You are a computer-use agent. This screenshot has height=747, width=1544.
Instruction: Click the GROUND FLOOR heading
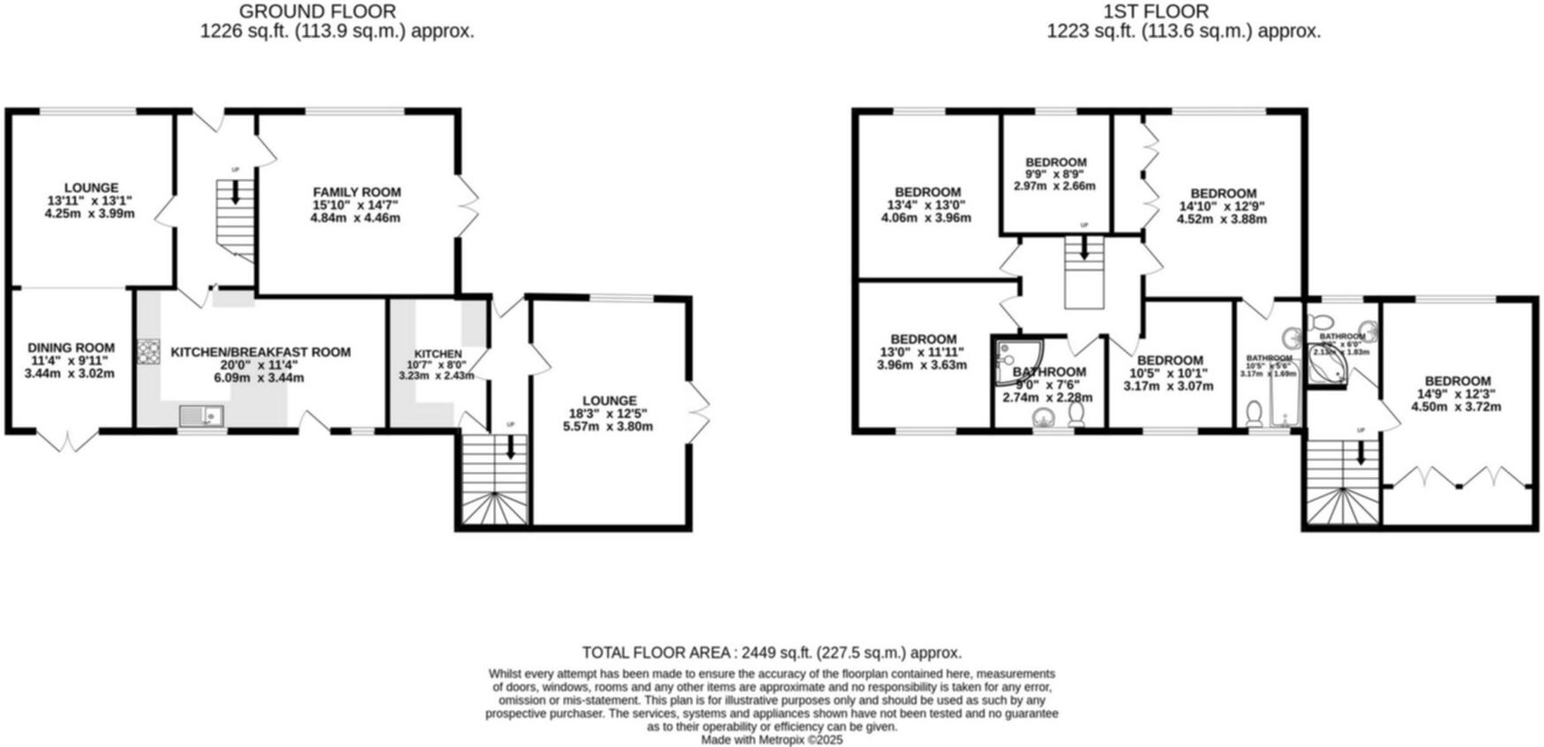pos(318,11)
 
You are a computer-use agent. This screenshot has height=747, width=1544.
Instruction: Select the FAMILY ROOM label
pos(356,192)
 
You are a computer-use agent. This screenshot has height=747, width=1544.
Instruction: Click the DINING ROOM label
pos(71,348)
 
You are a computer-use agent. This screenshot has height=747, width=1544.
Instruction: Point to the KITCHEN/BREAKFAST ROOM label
pos(260,352)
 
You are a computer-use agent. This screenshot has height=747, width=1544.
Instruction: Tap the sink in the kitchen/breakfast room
pos(202,415)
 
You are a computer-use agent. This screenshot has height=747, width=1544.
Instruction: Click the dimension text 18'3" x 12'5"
pos(609,414)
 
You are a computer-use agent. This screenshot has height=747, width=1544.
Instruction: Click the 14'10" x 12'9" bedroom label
pos(1223,194)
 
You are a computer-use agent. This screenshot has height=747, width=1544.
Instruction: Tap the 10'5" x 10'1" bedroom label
pos(1170,361)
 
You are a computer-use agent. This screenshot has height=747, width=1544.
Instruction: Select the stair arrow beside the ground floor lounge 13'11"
pos(235,192)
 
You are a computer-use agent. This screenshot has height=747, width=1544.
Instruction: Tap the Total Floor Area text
pos(771,653)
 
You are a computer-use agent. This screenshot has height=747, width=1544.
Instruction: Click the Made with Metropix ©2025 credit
pos(771,740)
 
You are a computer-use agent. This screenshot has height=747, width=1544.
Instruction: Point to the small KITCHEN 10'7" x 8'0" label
pos(438,354)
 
